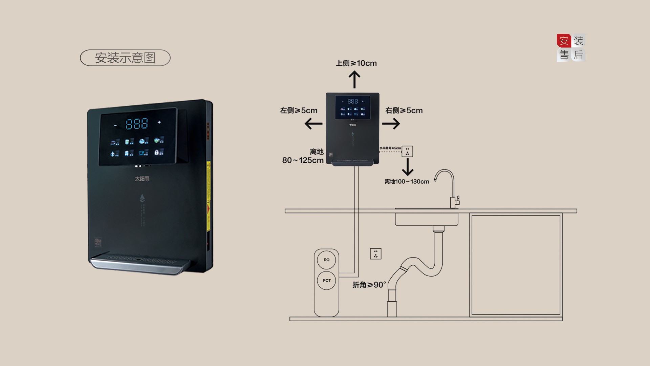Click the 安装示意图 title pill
tap(125, 58)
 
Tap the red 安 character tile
tap(564, 41)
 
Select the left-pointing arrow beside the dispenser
tap(313, 124)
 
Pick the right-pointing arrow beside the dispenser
tap(391, 124)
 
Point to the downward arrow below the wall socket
tap(408, 167)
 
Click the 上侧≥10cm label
tap(356, 63)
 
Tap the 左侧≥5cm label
tap(299, 110)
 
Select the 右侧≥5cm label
tap(404, 110)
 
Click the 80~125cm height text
tap(303, 160)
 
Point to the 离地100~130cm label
tap(407, 182)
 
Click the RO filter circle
tap(326, 260)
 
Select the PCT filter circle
tap(327, 281)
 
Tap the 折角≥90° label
tap(369, 285)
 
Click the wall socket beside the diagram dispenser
tap(407, 151)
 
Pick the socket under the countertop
tap(376, 254)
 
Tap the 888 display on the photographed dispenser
tap(137, 124)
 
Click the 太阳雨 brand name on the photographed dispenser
tap(142, 179)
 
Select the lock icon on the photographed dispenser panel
tap(158, 152)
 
